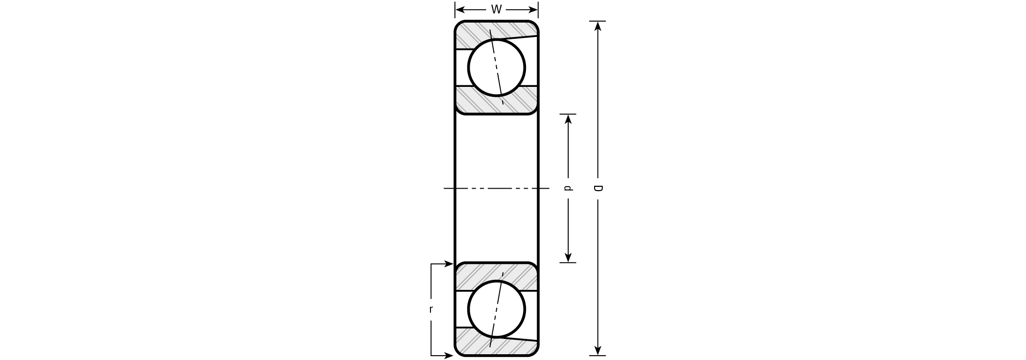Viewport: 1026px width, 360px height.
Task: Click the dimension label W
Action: (496, 10)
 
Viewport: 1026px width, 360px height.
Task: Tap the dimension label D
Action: (597, 188)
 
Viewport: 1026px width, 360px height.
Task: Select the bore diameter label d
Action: (568, 188)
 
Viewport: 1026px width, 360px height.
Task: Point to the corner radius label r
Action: (431, 310)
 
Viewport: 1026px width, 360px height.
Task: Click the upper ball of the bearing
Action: (497, 68)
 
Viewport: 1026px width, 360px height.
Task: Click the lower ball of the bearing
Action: (497, 309)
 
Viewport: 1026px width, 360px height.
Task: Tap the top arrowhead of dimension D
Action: (597, 25)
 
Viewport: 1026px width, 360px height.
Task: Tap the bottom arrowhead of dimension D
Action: (597, 351)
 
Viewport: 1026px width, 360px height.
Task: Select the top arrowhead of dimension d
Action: (568, 119)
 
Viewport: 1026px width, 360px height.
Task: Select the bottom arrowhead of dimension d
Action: (568, 258)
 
